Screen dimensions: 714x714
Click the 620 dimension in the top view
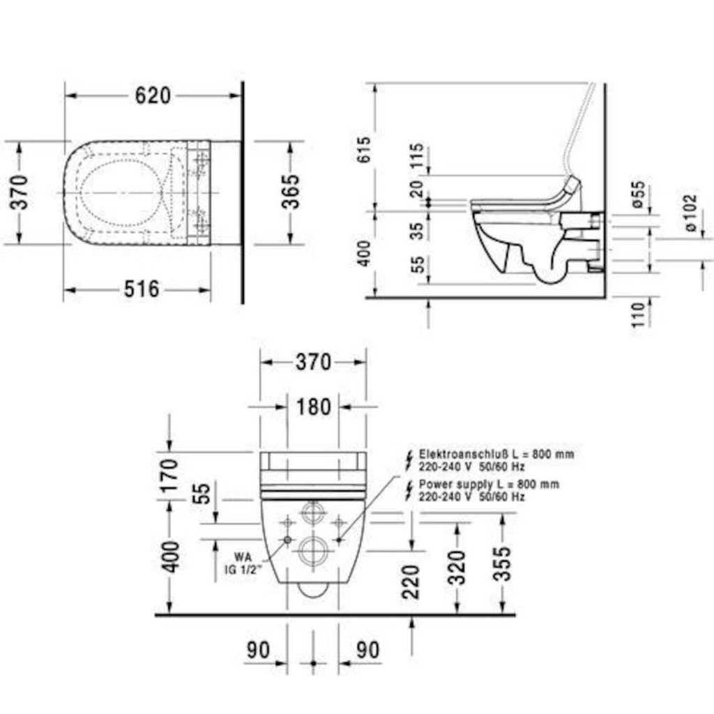click(x=153, y=96)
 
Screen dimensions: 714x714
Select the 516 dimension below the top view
click(x=142, y=289)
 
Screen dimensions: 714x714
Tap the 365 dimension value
click(x=291, y=192)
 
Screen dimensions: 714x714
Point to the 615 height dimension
click(x=363, y=150)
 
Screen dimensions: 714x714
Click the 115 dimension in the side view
click(x=417, y=155)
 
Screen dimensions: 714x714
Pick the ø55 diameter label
click(x=639, y=195)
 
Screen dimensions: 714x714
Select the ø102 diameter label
click(x=690, y=213)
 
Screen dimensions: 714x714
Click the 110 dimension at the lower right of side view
click(x=639, y=314)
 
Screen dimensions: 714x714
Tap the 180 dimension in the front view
click(x=314, y=407)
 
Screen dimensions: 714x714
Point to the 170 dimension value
click(x=169, y=476)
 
